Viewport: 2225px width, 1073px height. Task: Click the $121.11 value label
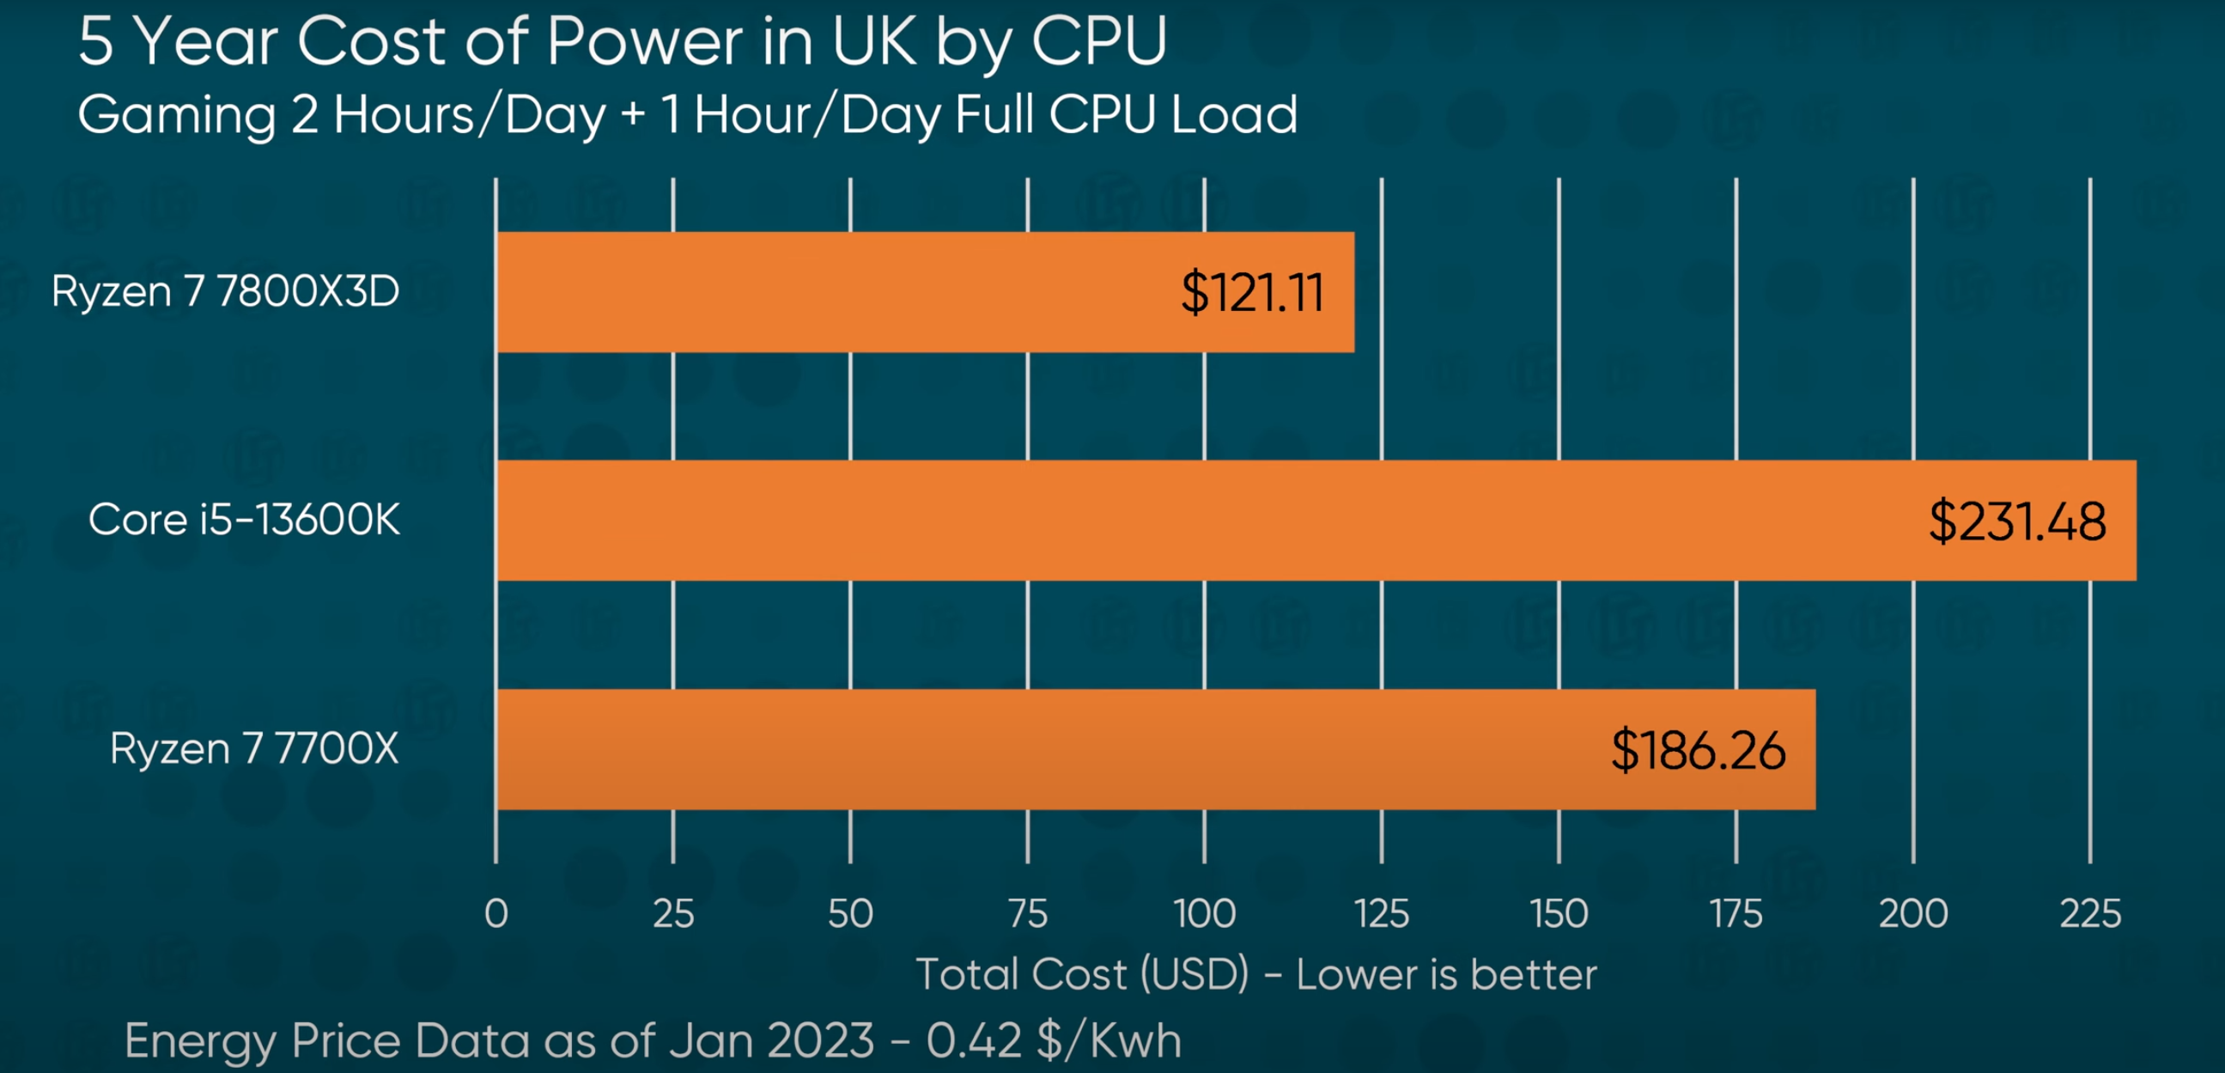[1251, 292]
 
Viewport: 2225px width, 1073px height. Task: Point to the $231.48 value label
[2017, 521]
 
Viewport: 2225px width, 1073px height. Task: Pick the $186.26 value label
[1697, 750]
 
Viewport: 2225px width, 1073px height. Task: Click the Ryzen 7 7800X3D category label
[226, 290]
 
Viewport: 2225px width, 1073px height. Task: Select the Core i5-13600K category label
[245, 519]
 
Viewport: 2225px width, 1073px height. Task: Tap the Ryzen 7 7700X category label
[254, 748]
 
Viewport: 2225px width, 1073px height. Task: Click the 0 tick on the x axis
[495, 913]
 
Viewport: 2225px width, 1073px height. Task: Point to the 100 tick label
[1204, 913]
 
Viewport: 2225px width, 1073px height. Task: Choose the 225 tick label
[2089, 913]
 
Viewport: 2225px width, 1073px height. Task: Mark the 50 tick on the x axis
[850, 913]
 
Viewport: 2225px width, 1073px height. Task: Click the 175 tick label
[1736, 913]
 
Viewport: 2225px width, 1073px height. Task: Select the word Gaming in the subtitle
[176, 115]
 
